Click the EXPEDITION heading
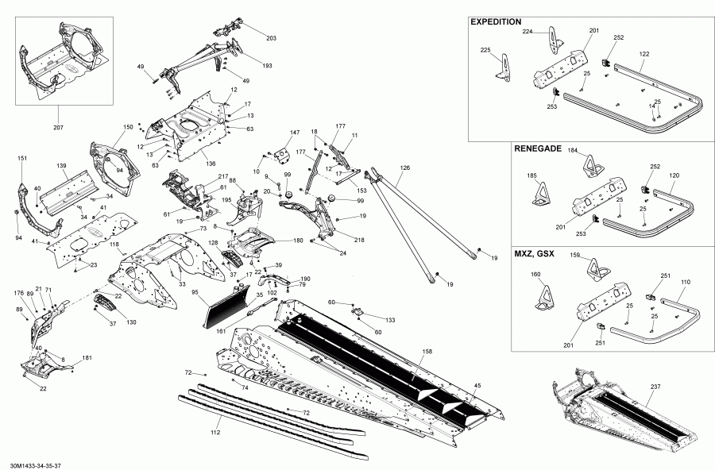(496, 21)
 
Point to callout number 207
(58, 127)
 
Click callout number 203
(271, 39)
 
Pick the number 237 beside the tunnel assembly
(655, 387)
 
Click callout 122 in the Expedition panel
(643, 53)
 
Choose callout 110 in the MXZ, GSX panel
(685, 283)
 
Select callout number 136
(211, 164)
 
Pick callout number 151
(22, 158)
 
